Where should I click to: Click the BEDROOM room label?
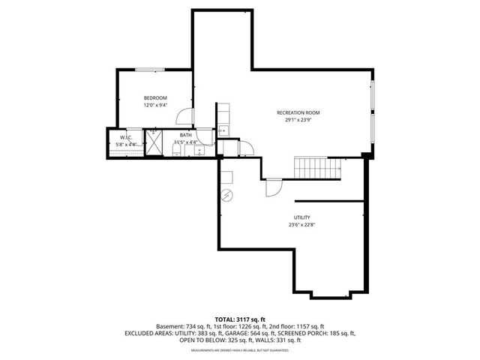pyautogui.click(x=155, y=98)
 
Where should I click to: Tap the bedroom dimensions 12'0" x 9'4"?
pyautogui.click(x=155, y=106)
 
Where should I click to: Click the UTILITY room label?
pyautogui.click(x=302, y=217)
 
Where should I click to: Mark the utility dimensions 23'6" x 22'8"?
pyautogui.click(x=302, y=225)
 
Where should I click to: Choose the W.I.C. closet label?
pyautogui.click(x=126, y=137)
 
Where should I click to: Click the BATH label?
pyautogui.click(x=185, y=136)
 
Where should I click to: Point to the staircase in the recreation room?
pyautogui.click(x=316, y=168)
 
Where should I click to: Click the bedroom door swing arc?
pyautogui.click(x=184, y=116)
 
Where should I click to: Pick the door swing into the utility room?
pyautogui.click(x=273, y=188)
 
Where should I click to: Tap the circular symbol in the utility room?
pyautogui.click(x=227, y=196)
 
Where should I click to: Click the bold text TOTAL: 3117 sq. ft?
pyautogui.click(x=239, y=319)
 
